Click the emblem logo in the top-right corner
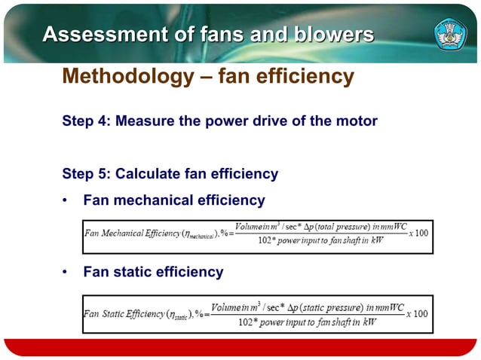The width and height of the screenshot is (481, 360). pyautogui.click(x=451, y=33)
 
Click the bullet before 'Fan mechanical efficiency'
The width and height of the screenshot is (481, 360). pyautogui.click(x=66, y=201)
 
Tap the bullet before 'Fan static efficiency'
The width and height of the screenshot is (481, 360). pyautogui.click(x=66, y=272)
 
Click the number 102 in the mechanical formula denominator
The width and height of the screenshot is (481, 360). pyautogui.click(x=265, y=241)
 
